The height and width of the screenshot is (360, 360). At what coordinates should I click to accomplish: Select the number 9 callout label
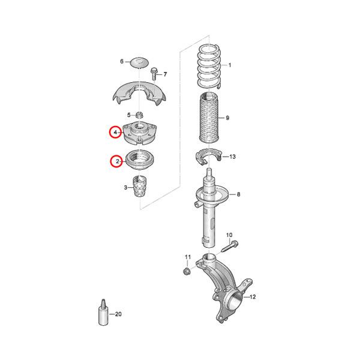228,118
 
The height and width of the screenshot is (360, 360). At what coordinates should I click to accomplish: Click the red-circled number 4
114,133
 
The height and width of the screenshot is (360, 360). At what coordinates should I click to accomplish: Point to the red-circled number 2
114,161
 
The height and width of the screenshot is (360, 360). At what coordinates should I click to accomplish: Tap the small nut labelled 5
139,115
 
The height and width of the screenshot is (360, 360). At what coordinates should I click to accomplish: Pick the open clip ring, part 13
208,157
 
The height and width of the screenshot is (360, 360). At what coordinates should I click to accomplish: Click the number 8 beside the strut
238,194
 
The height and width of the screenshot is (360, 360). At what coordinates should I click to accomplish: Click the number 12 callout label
253,296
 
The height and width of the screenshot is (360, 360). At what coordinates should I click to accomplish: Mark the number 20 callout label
118,314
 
